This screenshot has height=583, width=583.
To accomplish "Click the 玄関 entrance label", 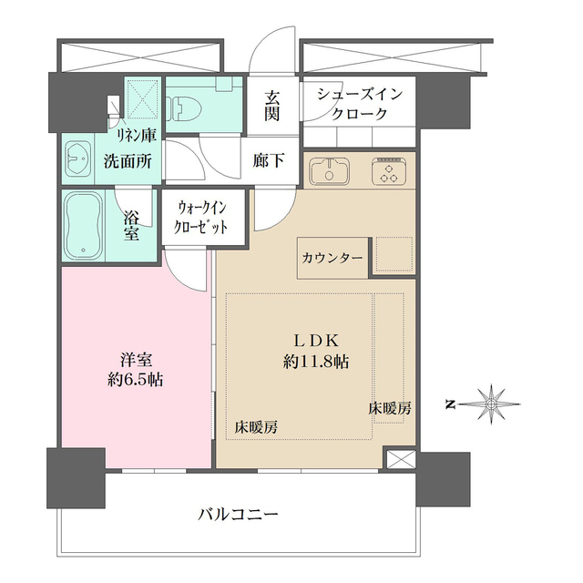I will tap(271, 104).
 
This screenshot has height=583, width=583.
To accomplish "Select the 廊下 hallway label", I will tap(270, 160).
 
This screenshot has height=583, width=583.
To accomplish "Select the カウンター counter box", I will tap(332, 258).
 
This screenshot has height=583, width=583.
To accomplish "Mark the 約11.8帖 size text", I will tap(316, 361).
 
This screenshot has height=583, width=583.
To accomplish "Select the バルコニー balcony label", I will tap(239, 514).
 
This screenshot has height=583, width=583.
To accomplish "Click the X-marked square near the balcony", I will tap(399, 459).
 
